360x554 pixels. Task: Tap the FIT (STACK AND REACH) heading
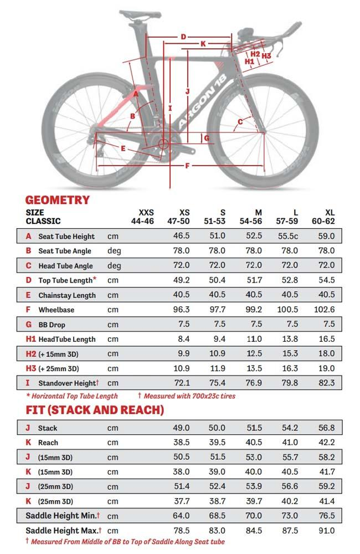[x=95, y=410]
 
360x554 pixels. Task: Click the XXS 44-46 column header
[x=146, y=217]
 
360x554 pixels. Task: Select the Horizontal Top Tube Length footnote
[x=72, y=396]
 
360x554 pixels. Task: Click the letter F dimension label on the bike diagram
[x=187, y=166]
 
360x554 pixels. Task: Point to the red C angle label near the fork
[x=240, y=121]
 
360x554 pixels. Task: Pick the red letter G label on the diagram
[x=206, y=137]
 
